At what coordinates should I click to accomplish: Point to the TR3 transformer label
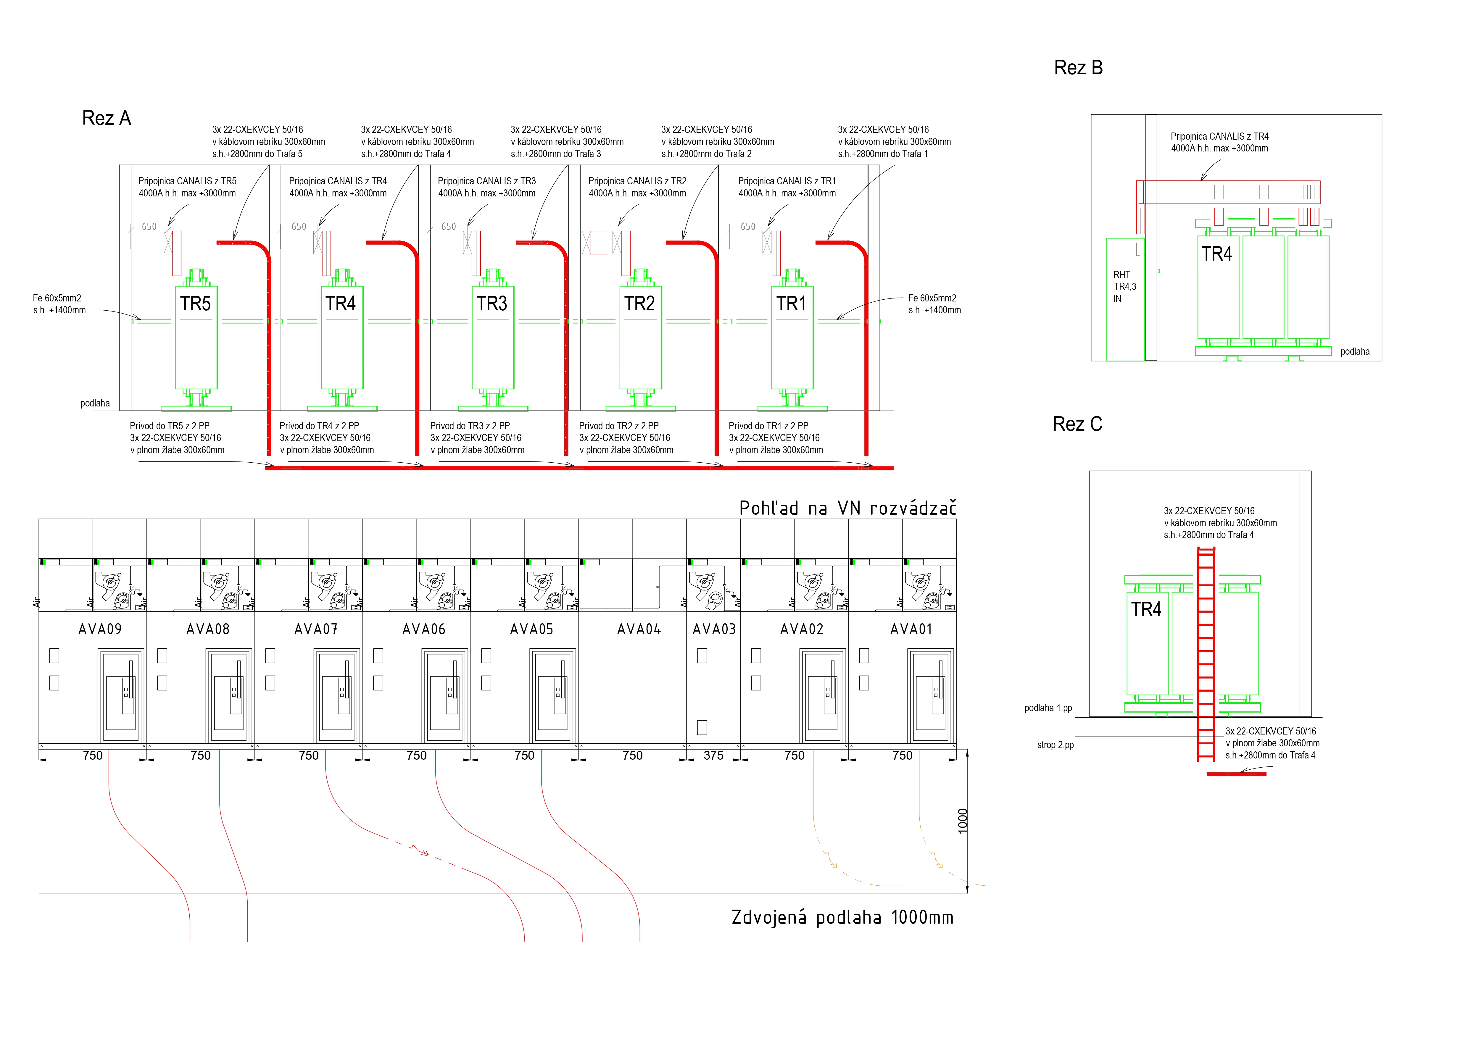tap(492, 304)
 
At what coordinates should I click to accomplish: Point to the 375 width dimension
tap(713, 756)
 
